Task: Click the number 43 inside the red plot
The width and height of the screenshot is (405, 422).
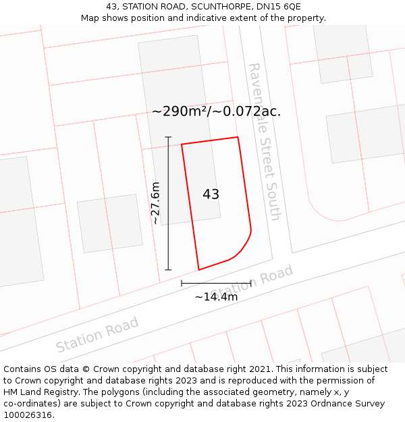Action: point(211,194)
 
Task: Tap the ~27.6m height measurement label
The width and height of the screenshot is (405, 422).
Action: point(155,203)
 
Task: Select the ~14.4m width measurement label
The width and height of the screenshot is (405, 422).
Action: point(216,297)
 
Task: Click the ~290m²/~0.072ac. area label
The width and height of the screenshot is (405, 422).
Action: point(216,111)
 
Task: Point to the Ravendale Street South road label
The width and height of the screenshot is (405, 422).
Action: point(264,142)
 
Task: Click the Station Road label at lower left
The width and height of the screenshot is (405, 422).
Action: point(97,334)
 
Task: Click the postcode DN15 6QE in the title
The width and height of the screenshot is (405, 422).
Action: point(278,7)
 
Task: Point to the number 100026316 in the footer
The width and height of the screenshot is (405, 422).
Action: point(27,415)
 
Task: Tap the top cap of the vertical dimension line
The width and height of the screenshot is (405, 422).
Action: point(168,137)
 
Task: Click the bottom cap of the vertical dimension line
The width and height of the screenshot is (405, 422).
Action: point(168,269)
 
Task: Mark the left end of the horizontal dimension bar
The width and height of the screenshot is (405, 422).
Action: point(182,284)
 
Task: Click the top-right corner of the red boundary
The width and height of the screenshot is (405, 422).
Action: point(238,138)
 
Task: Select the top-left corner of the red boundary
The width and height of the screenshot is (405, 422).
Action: point(182,144)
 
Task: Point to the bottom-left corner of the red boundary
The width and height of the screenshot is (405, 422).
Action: point(198,269)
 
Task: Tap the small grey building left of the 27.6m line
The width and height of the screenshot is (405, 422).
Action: point(109,223)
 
